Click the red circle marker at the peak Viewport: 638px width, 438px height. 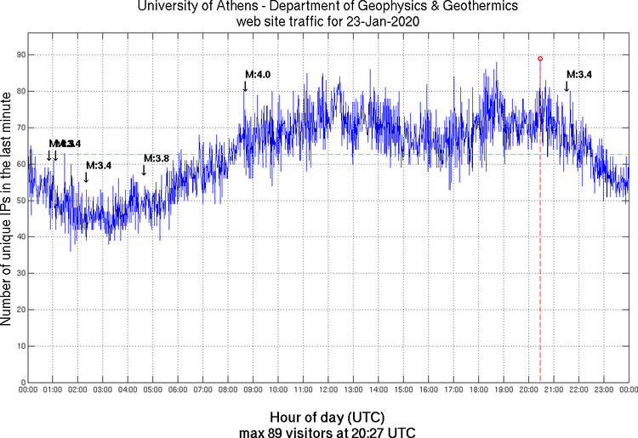pyautogui.click(x=540, y=59)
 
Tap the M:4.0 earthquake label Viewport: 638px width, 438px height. pyautogui.click(x=258, y=75)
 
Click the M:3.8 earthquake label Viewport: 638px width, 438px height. pyautogui.click(x=157, y=158)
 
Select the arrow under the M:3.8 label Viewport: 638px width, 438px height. pyautogui.click(x=144, y=170)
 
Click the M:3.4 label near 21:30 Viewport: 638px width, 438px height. pyautogui.click(x=579, y=75)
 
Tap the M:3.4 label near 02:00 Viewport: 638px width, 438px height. pyautogui.click(x=99, y=165)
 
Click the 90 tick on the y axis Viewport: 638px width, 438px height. pyautogui.click(x=19, y=54)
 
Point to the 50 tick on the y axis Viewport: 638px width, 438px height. pyautogui.click(x=19, y=201)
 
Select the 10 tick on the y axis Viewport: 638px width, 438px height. pyautogui.click(x=19, y=347)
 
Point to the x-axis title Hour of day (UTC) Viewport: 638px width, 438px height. pyautogui.click(x=328, y=418)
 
